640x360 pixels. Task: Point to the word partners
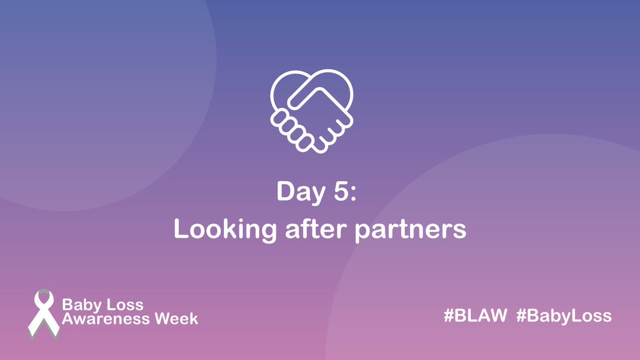[x=411, y=231]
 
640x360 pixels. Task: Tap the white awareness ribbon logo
[x=43, y=314]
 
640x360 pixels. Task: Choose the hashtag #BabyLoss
[x=564, y=316]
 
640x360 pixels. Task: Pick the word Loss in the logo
[x=124, y=305]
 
